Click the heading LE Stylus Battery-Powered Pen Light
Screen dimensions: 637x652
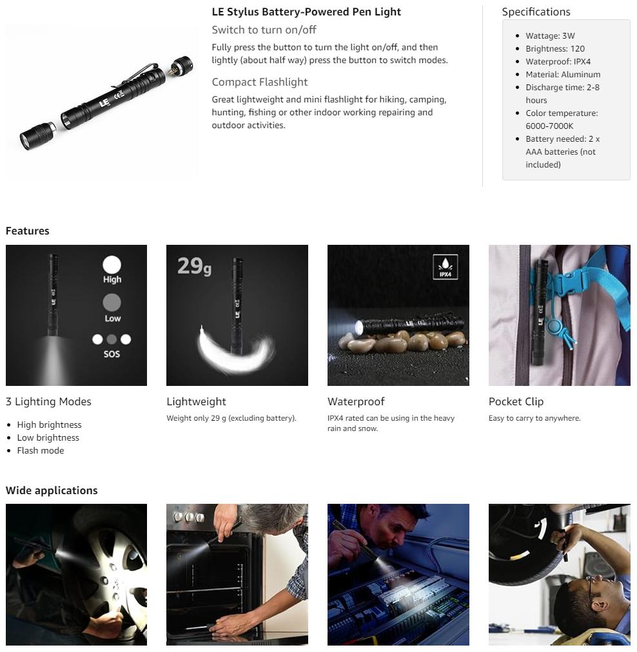pyautogui.click(x=306, y=12)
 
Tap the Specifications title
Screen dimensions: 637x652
pyautogui.click(x=536, y=12)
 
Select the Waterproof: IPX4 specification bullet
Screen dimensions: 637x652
pyautogui.click(x=558, y=62)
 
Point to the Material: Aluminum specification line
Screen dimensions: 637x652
pyautogui.click(x=563, y=75)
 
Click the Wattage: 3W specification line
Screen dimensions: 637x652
pyautogui.click(x=550, y=36)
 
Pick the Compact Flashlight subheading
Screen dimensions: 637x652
pyautogui.click(x=260, y=82)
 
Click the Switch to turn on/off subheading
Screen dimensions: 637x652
pyautogui.click(x=264, y=30)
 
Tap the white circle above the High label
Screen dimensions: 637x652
pyautogui.click(x=112, y=264)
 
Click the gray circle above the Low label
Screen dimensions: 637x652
pyautogui.click(x=112, y=302)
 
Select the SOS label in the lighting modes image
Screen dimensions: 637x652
pyautogui.click(x=112, y=354)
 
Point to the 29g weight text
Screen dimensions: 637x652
pyautogui.click(x=194, y=266)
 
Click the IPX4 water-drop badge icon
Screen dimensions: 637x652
pyautogui.click(x=446, y=267)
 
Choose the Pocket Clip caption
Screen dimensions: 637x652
pyautogui.click(x=516, y=401)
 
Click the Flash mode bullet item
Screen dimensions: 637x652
pyautogui.click(x=41, y=451)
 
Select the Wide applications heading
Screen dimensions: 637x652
pyautogui.click(x=52, y=491)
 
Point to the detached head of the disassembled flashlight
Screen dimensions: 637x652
pyautogui.click(x=37, y=135)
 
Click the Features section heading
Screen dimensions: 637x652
pyautogui.click(x=28, y=231)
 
